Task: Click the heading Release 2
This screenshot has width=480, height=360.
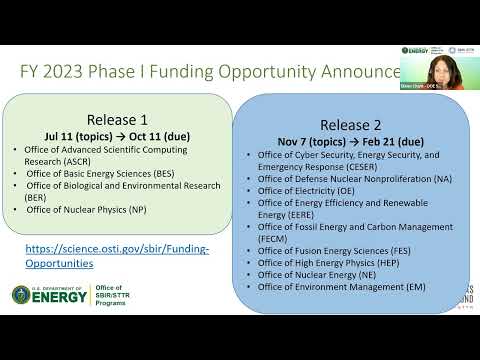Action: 346,125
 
